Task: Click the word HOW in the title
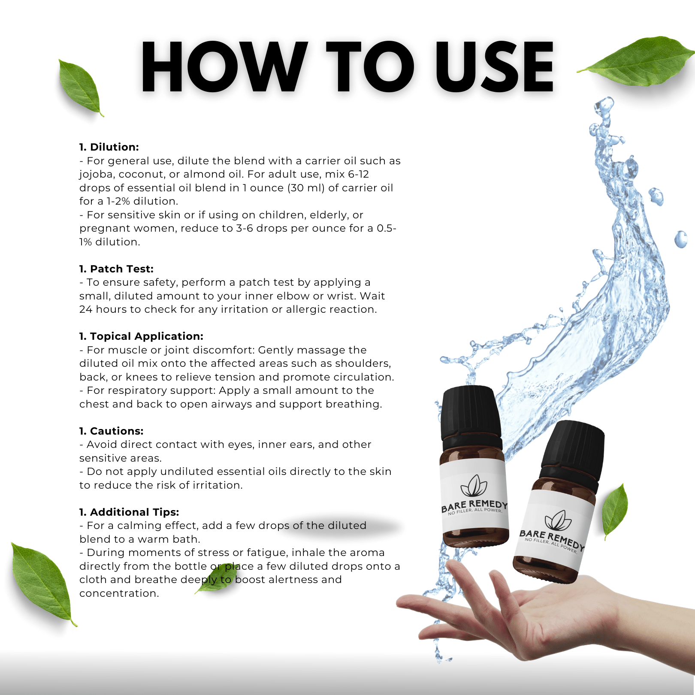[x=224, y=67]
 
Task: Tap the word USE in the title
[x=495, y=67]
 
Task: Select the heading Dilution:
[x=109, y=147]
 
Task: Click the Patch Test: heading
[x=116, y=269]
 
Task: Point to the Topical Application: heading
[x=141, y=336]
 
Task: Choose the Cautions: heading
[x=112, y=431]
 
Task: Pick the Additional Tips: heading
[x=129, y=512]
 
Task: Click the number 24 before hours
[x=86, y=309]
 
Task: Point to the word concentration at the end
[x=119, y=593]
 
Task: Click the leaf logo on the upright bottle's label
[x=474, y=486]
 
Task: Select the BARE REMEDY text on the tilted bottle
[x=552, y=540]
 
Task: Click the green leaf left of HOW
[x=80, y=88]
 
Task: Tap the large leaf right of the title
[x=637, y=61]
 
